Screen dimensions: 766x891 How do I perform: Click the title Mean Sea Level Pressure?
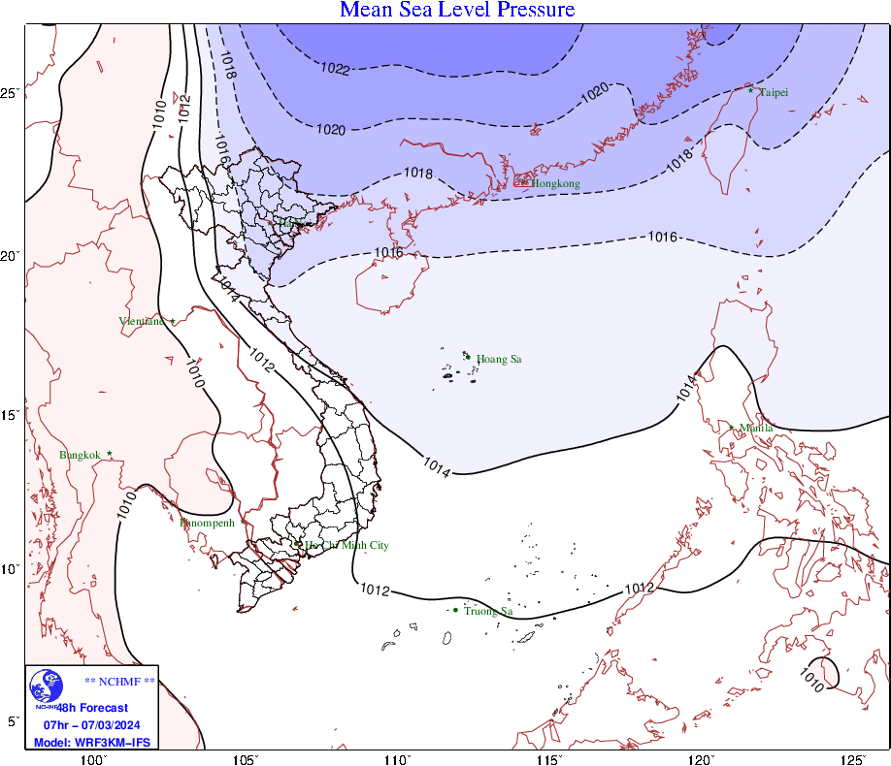[x=457, y=11]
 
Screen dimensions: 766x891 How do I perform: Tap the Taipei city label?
[x=774, y=92]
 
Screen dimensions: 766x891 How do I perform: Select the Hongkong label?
[x=555, y=183]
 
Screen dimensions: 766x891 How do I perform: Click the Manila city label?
[x=756, y=428]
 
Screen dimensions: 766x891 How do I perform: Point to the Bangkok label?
[x=80, y=455]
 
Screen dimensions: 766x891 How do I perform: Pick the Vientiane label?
[x=141, y=321]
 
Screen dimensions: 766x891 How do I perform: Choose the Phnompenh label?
[x=208, y=523]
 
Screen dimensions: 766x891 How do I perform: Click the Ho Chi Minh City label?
[x=346, y=546]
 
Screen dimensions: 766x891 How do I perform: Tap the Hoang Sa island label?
[x=499, y=359]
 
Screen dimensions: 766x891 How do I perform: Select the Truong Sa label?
[x=487, y=611]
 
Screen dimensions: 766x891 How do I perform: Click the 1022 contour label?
[x=335, y=69]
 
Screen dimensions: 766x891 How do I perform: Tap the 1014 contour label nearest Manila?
[x=683, y=387]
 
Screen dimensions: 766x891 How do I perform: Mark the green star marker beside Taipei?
[x=750, y=90]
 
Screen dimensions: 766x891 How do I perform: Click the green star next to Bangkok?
[x=110, y=453]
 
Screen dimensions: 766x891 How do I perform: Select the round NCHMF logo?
[x=45, y=688]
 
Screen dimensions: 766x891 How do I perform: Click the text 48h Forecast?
[x=94, y=708]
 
